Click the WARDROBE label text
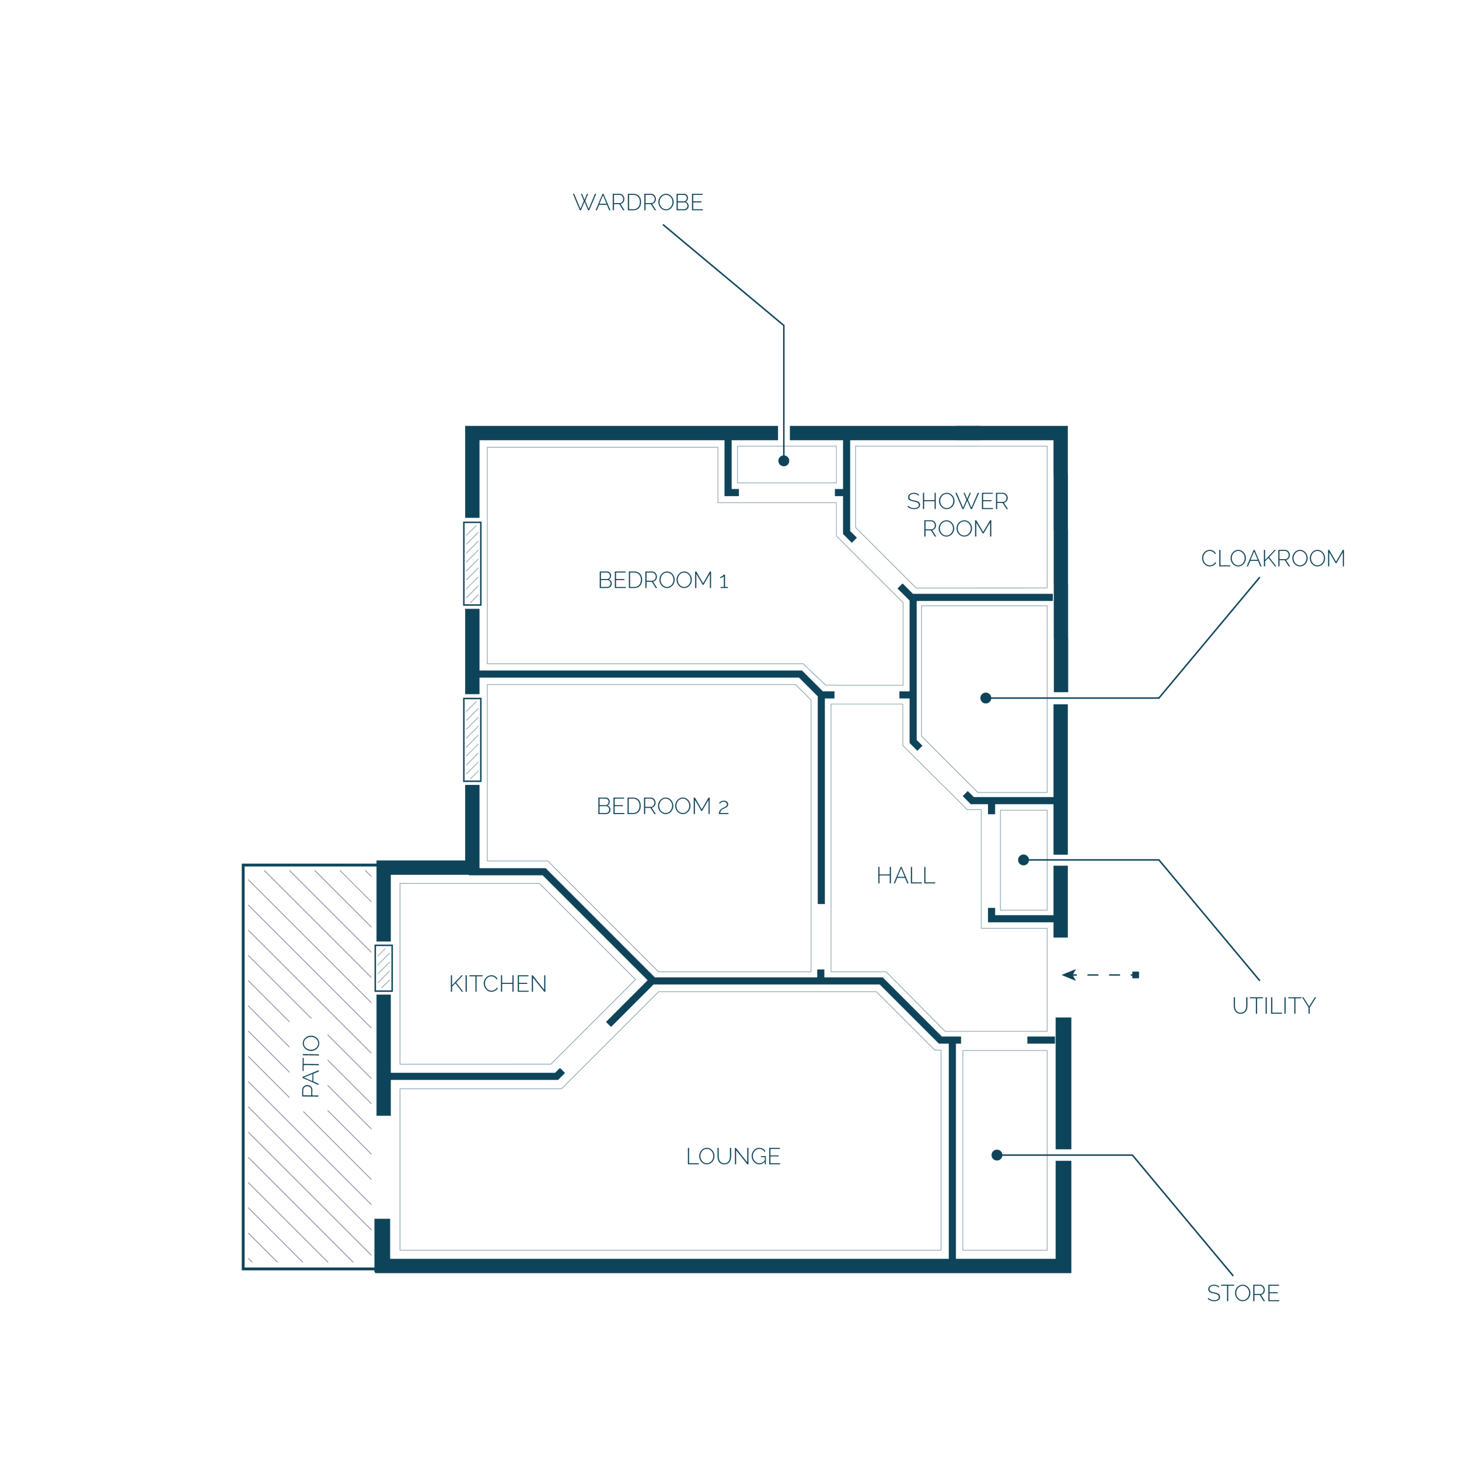click(638, 203)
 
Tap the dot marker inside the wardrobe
click(784, 460)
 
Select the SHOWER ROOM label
click(958, 514)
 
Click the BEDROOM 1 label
click(663, 580)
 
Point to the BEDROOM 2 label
click(663, 806)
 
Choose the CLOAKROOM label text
click(1273, 558)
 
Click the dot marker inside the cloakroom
click(986, 698)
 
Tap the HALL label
click(906, 875)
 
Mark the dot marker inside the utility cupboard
click(1023, 860)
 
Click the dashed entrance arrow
click(1100, 975)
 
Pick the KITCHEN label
click(498, 983)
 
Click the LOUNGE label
click(733, 1156)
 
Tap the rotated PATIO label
click(311, 1066)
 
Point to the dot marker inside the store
click(997, 1155)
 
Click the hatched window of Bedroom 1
click(472, 563)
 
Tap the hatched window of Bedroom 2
click(472, 739)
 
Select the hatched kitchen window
click(383, 968)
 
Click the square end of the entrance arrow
click(1136, 975)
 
